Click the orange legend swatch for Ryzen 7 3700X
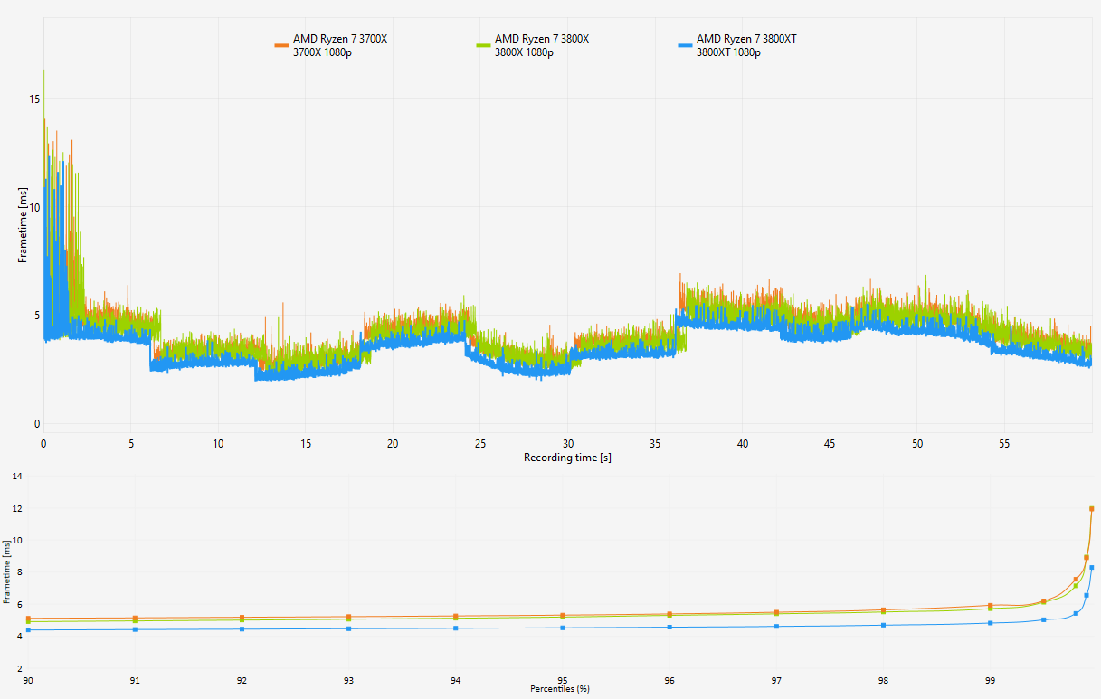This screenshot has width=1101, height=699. tap(281, 46)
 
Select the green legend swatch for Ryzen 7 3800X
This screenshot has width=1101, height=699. tap(483, 46)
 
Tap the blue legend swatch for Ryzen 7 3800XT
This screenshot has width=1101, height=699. tap(685, 46)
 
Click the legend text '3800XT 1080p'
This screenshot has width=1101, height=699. tap(728, 52)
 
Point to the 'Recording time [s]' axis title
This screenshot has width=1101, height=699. tap(567, 458)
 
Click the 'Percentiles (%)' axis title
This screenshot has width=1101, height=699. tap(559, 689)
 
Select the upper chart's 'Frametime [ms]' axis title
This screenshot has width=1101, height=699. tap(23, 225)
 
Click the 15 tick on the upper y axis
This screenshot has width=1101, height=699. tap(34, 99)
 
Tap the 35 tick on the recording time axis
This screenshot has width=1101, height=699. tap(655, 444)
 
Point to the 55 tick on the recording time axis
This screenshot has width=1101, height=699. tap(1003, 444)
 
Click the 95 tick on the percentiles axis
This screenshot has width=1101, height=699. tap(563, 680)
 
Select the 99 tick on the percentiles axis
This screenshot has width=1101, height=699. tap(990, 680)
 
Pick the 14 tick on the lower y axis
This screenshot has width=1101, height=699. tap(17, 476)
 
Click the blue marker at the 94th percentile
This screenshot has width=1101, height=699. tap(456, 628)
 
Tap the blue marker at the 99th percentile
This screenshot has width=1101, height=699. tap(991, 623)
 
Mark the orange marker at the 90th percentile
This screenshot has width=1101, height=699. tap(28, 619)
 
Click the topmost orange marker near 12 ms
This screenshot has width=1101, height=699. tap(1092, 509)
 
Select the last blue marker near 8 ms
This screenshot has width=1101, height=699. tap(1092, 567)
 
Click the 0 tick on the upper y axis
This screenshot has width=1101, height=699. tap(37, 424)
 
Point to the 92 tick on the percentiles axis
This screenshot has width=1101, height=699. tap(242, 680)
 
